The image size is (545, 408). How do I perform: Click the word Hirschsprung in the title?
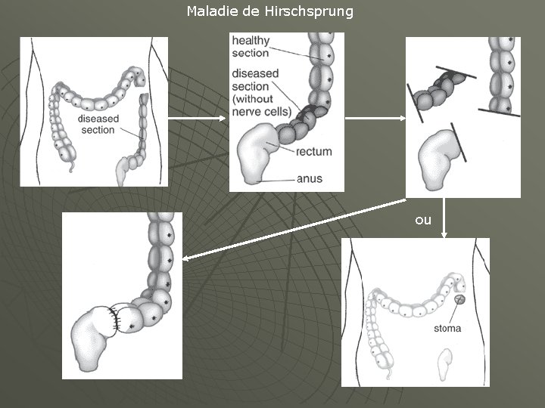click(x=316, y=12)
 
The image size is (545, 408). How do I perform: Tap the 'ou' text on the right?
click(x=423, y=220)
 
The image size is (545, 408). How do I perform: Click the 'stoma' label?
click(x=447, y=329)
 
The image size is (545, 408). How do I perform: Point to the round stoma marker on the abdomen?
click(x=459, y=301)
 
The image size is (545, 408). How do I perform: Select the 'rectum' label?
click(x=313, y=152)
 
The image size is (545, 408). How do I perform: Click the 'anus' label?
click(x=310, y=178)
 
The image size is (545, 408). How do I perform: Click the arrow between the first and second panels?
click(x=197, y=118)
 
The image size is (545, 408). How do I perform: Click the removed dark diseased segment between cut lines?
click(x=440, y=90)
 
